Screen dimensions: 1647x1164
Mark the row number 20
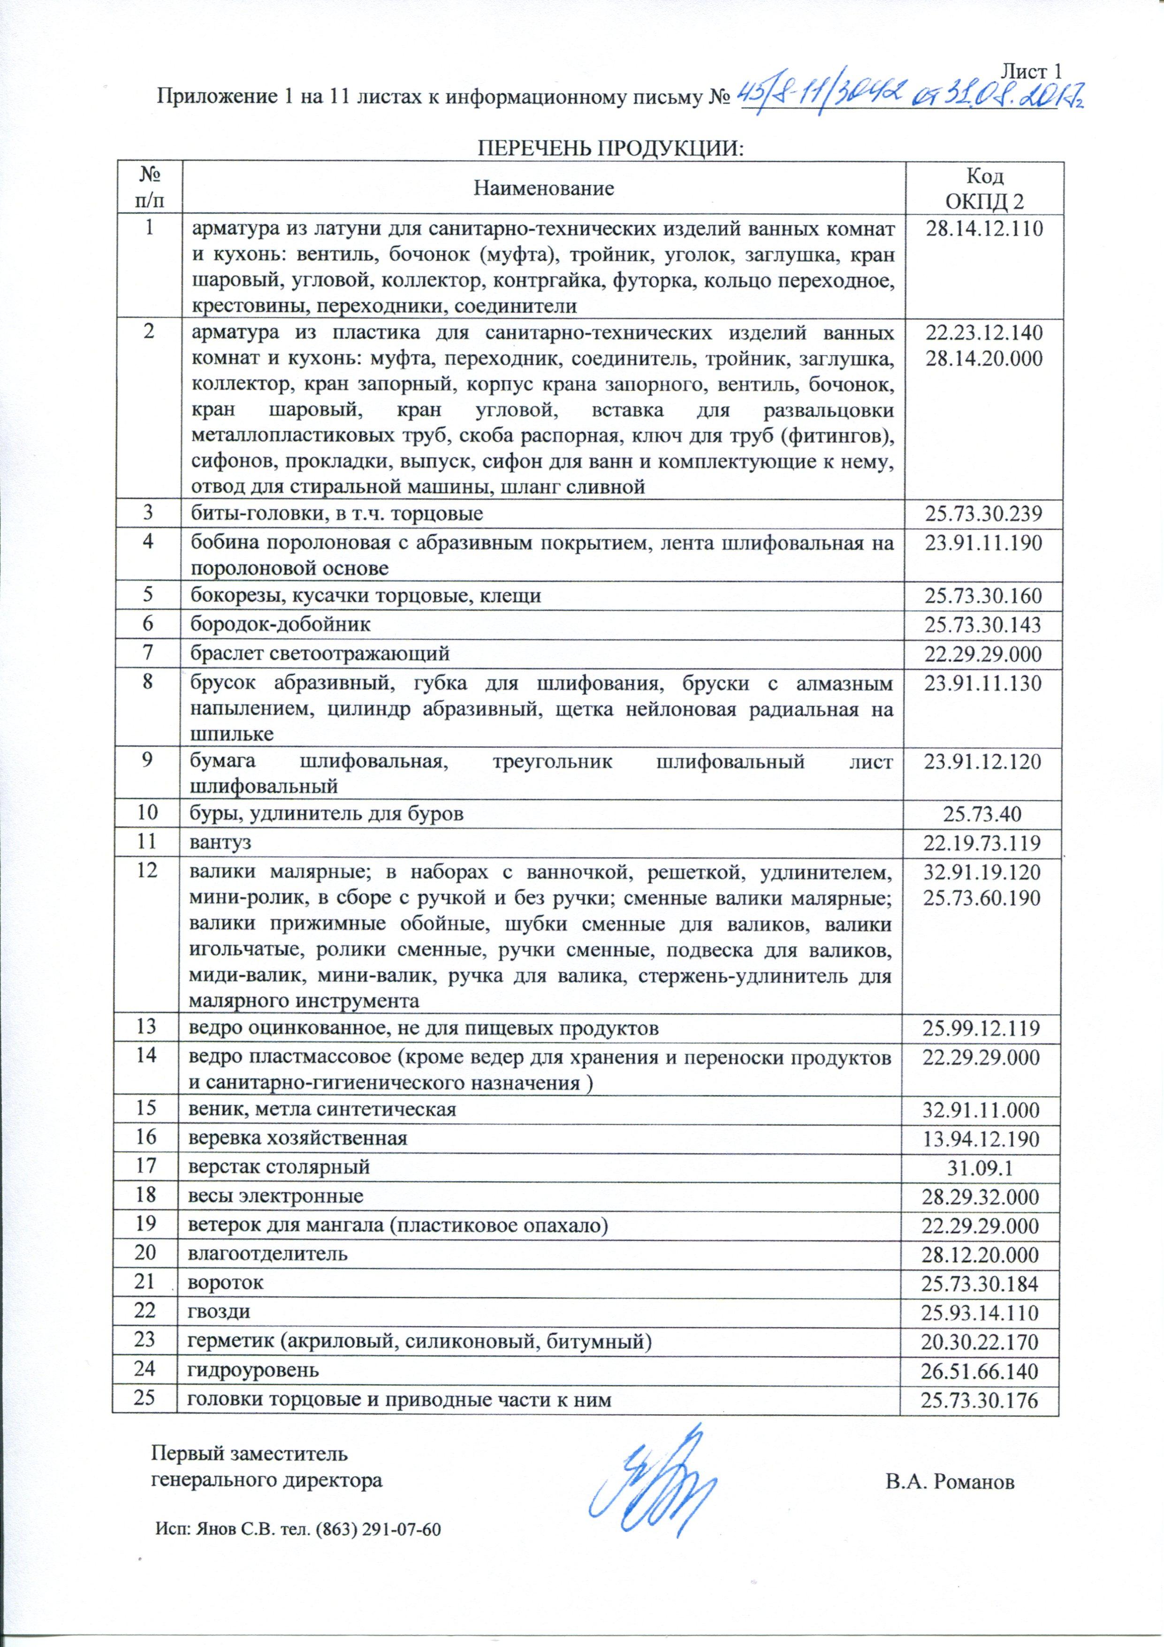(x=146, y=1254)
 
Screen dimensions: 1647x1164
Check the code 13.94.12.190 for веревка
(x=981, y=1138)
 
